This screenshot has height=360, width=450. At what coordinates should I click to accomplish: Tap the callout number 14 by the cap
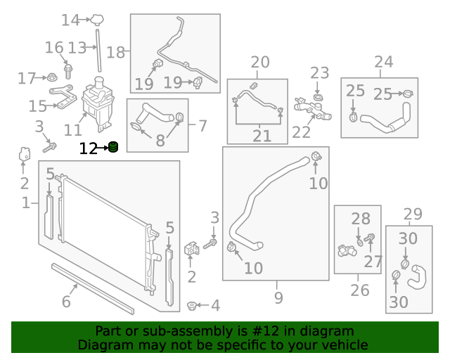[x=70, y=20]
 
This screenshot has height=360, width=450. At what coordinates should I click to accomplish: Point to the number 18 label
[x=115, y=52]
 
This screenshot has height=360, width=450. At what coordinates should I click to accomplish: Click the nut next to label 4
[x=191, y=305]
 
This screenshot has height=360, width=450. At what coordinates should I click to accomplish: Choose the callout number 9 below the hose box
[x=278, y=298]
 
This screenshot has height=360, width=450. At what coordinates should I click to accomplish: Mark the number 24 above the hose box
[x=383, y=63]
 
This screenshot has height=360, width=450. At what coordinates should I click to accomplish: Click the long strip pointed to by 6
[x=91, y=288]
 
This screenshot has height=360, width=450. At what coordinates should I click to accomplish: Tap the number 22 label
[x=301, y=132]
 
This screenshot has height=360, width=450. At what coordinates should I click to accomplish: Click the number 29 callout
[x=413, y=214]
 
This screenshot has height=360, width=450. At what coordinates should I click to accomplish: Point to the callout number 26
[x=359, y=290]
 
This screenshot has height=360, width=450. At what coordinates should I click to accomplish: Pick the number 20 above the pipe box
[x=259, y=63]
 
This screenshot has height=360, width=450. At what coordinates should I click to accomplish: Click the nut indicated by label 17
[x=53, y=77]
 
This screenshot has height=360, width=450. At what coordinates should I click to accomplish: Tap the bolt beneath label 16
[x=68, y=70]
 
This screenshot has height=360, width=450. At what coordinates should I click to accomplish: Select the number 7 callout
[x=202, y=126]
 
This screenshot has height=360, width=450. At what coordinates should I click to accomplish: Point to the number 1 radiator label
[x=26, y=203]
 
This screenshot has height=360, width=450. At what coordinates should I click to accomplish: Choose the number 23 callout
[x=319, y=72]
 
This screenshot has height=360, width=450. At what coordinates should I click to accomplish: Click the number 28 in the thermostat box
[x=360, y=219]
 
